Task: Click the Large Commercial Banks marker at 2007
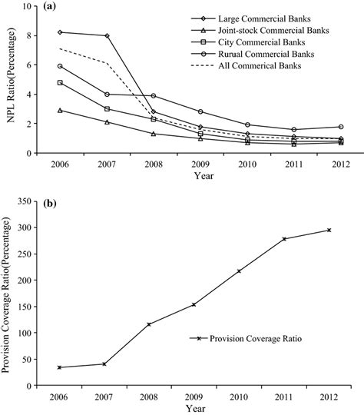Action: [x=107, y=35]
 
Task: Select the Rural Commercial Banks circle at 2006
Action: [x=61, y=66]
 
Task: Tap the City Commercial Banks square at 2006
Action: [x=61, y=82]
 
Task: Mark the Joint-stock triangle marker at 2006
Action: [x=61, y=110]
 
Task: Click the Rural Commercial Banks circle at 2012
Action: [x=329, y=126]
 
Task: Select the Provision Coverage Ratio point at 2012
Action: [x=329, y=230]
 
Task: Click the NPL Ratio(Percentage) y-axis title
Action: [x=10, y=81]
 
